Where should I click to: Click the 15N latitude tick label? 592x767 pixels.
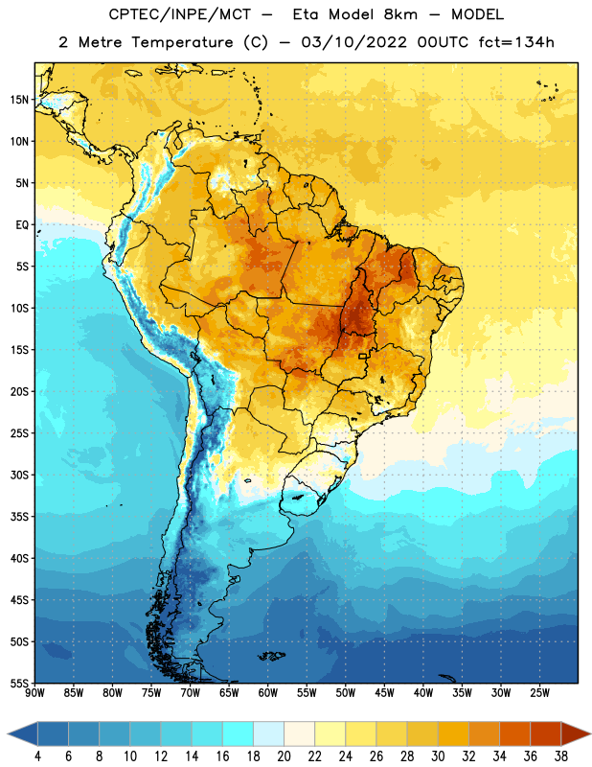tap(19, 100)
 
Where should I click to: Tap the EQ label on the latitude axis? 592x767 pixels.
tap(22, 225)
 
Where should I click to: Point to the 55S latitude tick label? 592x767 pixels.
tap(19, 684)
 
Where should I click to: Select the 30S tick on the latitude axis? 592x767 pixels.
tap(19, 475)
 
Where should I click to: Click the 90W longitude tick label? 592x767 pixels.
tap(34, 693)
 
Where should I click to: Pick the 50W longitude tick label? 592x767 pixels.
tap(346, 693)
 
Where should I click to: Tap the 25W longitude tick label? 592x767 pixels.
tap(539, 693)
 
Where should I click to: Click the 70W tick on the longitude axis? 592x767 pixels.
tap(191, 693)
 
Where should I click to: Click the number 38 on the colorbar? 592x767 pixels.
tap(561, 756)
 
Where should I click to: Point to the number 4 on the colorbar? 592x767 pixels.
tap(37, 756)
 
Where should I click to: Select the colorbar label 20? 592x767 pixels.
tap(284, 756)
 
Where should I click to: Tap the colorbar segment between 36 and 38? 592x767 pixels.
tap(546, 734)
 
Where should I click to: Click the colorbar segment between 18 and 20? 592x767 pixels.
tap(268, 734)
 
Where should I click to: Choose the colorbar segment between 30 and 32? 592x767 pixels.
tap(453, 734)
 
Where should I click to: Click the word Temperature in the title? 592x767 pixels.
tap(182, 42)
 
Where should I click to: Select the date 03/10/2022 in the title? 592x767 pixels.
tap(353, 42)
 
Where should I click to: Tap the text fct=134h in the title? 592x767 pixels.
tap(516, 42)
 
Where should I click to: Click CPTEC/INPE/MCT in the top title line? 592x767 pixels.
tap(180, 14)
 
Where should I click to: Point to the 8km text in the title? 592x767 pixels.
tap(400, 14)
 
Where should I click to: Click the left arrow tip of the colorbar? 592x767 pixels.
tap(8, 734)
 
